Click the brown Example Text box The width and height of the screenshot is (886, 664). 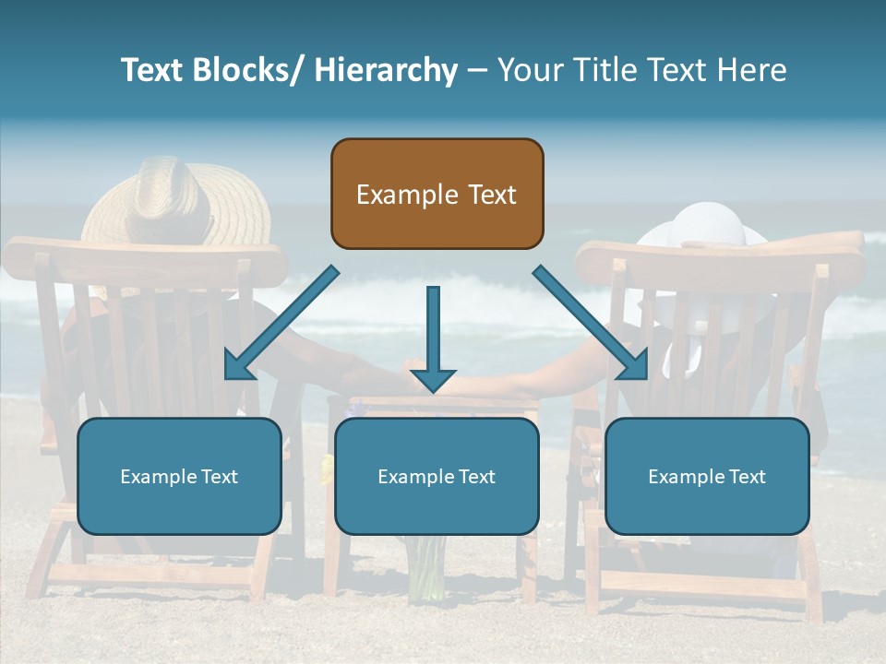point(437,194)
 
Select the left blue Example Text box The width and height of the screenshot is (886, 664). point(179,476)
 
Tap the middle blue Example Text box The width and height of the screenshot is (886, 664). point(437,476)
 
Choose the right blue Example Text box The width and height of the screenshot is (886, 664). point(707,476)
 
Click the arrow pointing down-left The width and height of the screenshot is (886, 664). point(281,323)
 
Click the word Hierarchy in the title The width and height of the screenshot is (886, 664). point(386,70)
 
